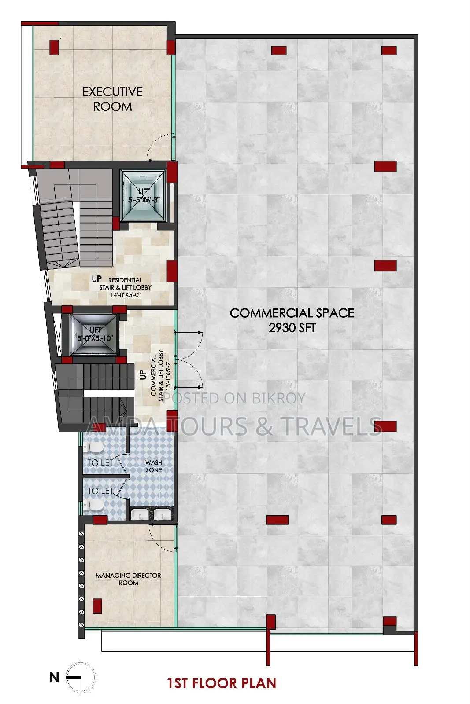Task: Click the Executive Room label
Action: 113,99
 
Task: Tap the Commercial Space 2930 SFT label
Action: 292,320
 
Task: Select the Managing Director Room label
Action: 128,579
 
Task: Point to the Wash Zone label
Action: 154,466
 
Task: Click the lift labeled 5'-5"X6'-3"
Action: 144,196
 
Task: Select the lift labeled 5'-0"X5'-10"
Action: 94,334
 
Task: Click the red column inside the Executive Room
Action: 54,47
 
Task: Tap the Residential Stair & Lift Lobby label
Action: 125,287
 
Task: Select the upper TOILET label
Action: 100,462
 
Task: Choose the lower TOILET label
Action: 100,491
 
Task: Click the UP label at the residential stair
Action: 96,279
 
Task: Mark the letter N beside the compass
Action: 55,678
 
